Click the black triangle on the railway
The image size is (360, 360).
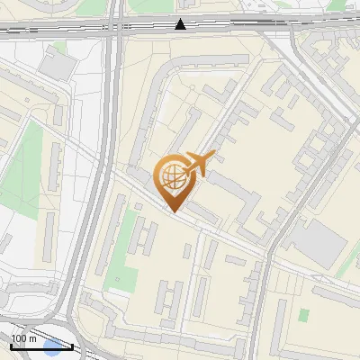click(x=181, y=24)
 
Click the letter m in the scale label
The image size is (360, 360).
click(x=33, y=338)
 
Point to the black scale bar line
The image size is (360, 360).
click(x=41, y=346)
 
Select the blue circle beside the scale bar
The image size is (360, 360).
click(x=53, y=348)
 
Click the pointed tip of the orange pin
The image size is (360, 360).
click(x=173, y=211)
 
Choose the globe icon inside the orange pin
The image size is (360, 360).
click(x=171, y=178)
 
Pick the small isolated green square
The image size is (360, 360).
click(x=304, y=315)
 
